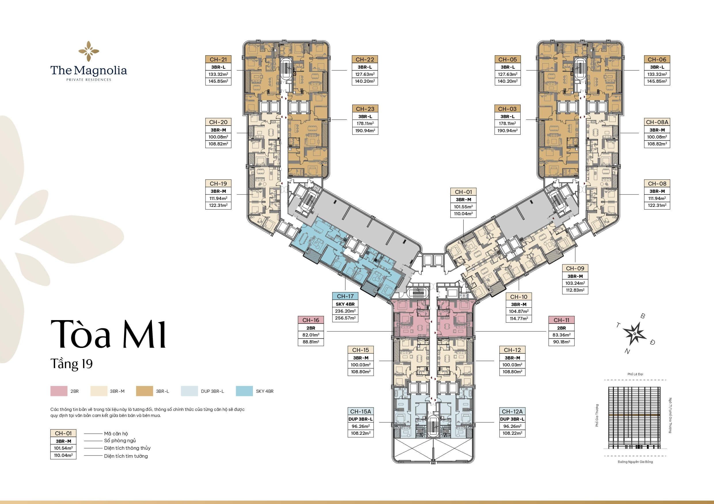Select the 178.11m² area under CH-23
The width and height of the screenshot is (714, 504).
click(x=365, y=124)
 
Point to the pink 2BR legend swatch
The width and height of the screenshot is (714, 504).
click(x=59, y=391)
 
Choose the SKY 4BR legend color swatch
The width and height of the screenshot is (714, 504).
click(x=244, y=391)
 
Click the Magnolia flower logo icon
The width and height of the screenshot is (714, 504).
click(x=89, y=51)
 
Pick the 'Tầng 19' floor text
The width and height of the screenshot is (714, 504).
click(x=72, y=364)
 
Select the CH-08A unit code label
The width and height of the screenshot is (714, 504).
click(x=657, y=122)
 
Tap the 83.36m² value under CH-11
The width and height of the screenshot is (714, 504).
click(x=561, y=335)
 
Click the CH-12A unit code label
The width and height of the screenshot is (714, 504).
click(x=512, y=411)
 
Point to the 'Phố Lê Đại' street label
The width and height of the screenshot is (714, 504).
click(x=635, y=374)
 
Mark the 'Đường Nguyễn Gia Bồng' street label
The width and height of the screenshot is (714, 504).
click(x=635, y=462)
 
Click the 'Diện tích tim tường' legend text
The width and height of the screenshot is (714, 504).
click(x=126, y=456)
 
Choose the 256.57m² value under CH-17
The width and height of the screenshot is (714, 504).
click(x=345, y=318)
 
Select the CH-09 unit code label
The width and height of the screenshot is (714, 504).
click(x=575, y=268)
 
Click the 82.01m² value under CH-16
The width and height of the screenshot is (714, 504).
click(x=311, y=335)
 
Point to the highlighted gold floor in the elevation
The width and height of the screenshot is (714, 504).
click(x=634, y=415)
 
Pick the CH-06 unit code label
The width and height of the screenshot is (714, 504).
click(x=657, y=59)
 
